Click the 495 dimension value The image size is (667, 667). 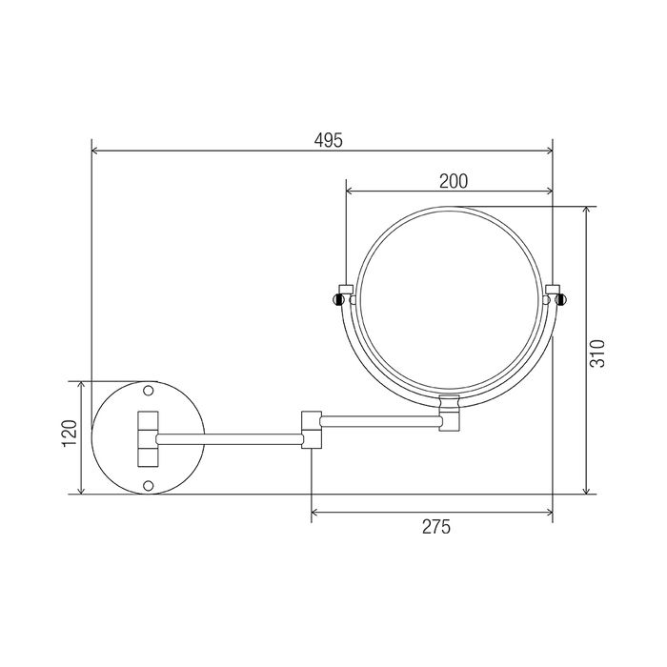point(328,140)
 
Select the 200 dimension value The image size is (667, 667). point(454,182)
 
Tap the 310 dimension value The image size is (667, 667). point(597,354)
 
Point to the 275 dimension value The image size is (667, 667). point(436,527)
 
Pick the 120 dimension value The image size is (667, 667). point(70,434)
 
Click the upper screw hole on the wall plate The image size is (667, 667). point(148,390)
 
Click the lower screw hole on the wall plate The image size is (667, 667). point(148,485)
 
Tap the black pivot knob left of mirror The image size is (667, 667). point(338,300)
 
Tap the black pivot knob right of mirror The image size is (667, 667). point(561,300)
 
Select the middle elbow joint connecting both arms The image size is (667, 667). point(312,430)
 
